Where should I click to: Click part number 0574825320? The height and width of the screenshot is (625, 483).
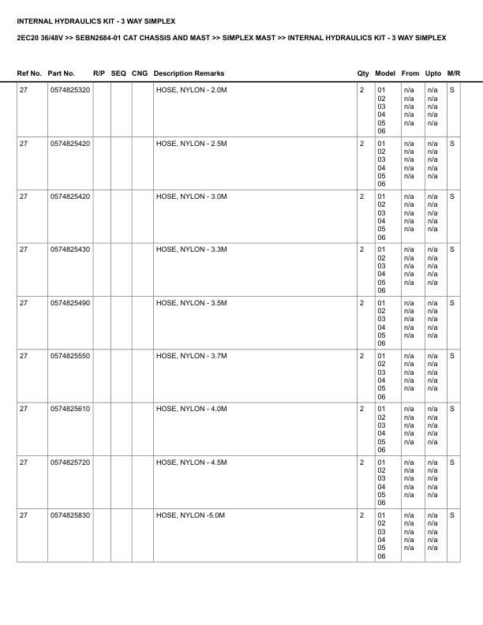[69, 91]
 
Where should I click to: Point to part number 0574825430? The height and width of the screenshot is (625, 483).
[69, 249]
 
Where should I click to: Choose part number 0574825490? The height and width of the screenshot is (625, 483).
[69, 303]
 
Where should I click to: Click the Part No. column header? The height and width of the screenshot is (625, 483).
[62, 73]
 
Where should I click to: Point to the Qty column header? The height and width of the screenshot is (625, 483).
[363, 73]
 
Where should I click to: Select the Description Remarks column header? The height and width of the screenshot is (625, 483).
[189, 73]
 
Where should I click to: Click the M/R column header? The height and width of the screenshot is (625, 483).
[453, 73]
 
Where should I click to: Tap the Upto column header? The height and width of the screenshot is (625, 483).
[432, 73]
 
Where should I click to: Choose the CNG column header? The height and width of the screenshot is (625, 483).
[140, 73]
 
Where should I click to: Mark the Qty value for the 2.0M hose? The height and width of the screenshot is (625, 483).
[361, 91]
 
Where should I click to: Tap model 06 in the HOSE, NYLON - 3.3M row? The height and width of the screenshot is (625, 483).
[381, 290]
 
